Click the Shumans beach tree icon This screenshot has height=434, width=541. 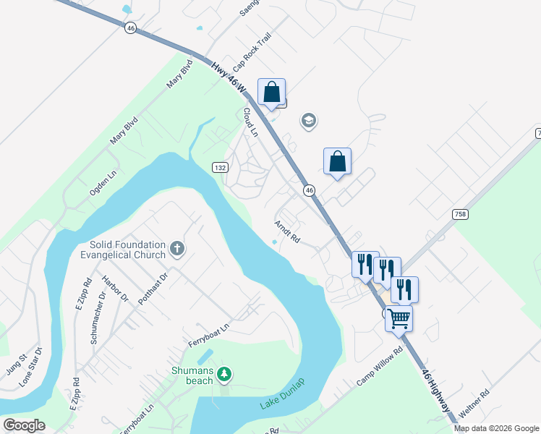point(224,373)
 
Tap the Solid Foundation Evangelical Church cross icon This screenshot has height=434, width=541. point(177,250)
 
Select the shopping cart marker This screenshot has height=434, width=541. point(399,318)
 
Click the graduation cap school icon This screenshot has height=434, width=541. point(309,121)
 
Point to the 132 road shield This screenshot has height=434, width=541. point(221,167)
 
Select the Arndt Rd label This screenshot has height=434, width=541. point(287,231)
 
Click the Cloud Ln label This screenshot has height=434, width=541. point(250,122)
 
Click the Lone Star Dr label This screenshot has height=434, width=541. point(30,367)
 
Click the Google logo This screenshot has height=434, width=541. point(24,425)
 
